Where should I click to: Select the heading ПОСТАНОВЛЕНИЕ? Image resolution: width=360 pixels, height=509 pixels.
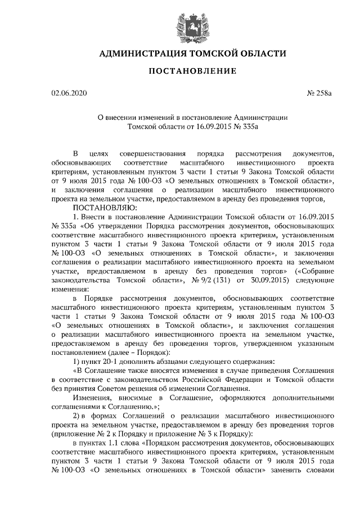pos(181,71)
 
